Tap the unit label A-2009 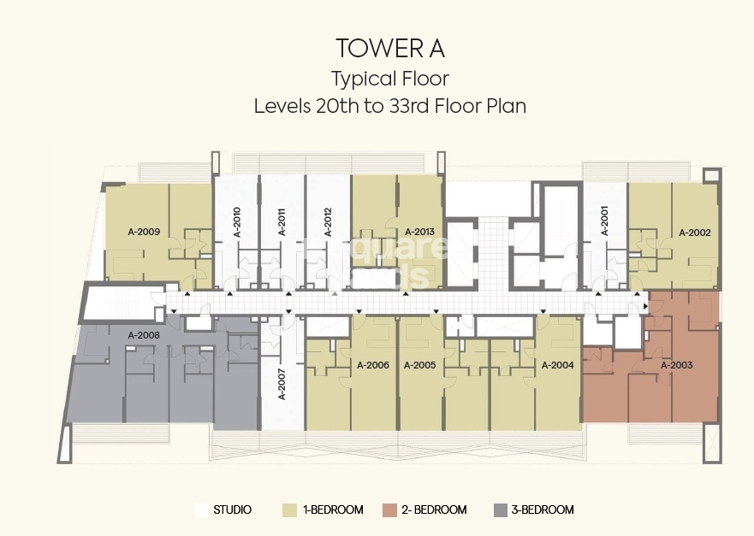point(144,231)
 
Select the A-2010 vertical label point(237,221)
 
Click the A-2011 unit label point(282,221)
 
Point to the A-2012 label point(328,221)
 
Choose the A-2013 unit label point(419,232)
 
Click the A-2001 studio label point(604,221)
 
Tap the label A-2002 point(694,232)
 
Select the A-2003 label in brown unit point(676,365)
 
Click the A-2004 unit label point(557,365)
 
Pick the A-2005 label point(419,365)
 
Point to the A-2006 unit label point(372,365)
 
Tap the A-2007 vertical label point(282,385)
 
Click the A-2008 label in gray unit point(144,335)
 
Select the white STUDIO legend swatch point(202,510)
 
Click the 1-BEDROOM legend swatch point(289,510)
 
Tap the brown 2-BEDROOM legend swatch point(390,510)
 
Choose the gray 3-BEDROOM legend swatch point(501,510)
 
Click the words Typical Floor point(389,80)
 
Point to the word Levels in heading point(282,106)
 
